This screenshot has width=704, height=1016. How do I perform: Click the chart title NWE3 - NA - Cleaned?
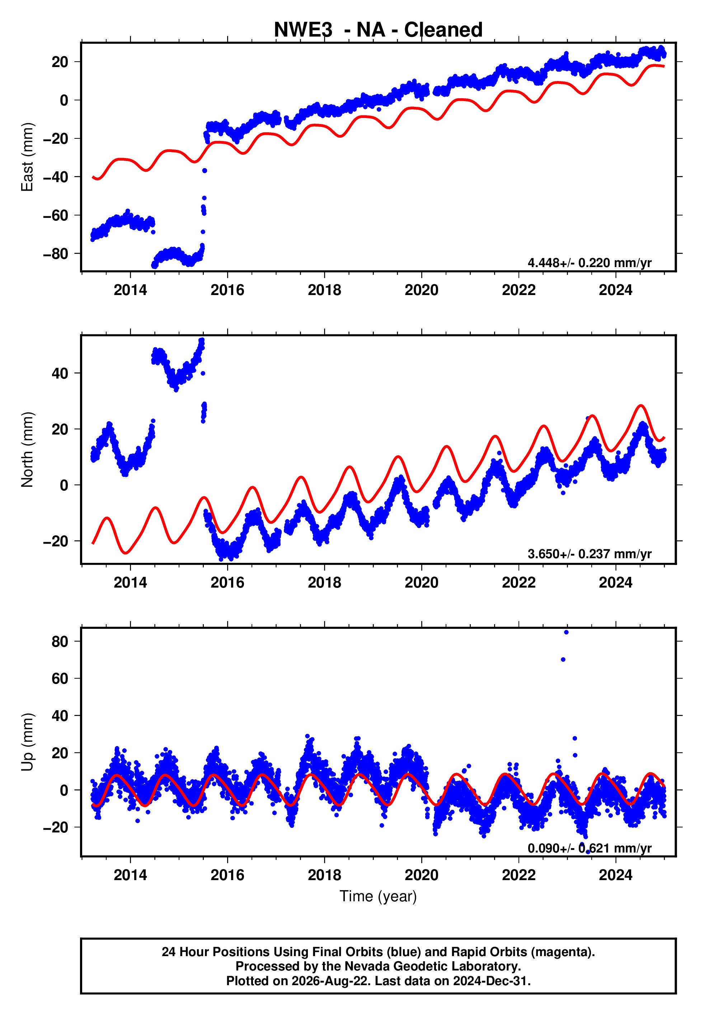[x=378, y=30]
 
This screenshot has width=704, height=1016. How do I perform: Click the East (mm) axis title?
[x=27, y=157]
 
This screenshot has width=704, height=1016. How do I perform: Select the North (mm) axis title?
[x=27, y=450]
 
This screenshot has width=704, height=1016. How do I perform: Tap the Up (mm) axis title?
[x=27, y=742]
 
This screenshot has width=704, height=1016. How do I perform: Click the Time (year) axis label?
[x=378, y=896]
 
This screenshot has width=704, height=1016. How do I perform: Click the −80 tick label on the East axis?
[x=56, y=254]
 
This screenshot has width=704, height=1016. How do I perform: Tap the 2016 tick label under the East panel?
[x=227, y=290]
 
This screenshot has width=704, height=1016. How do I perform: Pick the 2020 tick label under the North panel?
[x=421, y=583]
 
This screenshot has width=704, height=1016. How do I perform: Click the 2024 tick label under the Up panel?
[x=615, y=875]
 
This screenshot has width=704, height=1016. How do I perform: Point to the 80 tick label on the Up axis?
[x=60, y=641]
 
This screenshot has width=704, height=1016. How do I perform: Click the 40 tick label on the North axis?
[x=60, y=374]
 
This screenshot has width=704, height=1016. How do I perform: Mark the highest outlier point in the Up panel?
[x=566, y=632]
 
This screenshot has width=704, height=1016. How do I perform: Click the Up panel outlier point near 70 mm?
[x=563, y=660]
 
